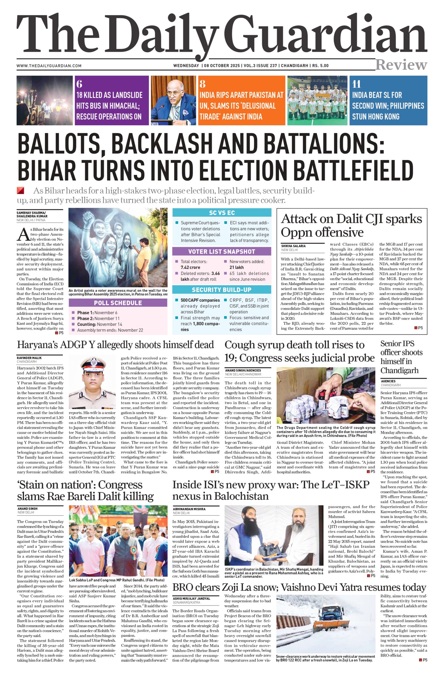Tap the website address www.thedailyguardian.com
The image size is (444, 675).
click(x=49, y=66)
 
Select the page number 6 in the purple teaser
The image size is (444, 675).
click(x=79, y=84)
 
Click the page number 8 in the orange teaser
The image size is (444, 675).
click(x=202, y=84)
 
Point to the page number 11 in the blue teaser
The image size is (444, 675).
click(x=356, y=84)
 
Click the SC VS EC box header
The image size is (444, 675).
click(x=222, y=213)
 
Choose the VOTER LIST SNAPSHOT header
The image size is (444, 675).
click(x=222, y=252)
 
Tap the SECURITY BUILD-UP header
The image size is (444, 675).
click(x=222, y=290)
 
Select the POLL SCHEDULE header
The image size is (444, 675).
click(x=118, y=303)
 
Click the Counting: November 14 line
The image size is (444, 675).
click(x=100, y=324)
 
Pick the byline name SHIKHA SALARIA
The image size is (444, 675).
click(x=293, y=246)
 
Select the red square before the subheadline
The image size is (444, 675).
click(x=20, y=190)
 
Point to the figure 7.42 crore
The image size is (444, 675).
click(x=190, y=267)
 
